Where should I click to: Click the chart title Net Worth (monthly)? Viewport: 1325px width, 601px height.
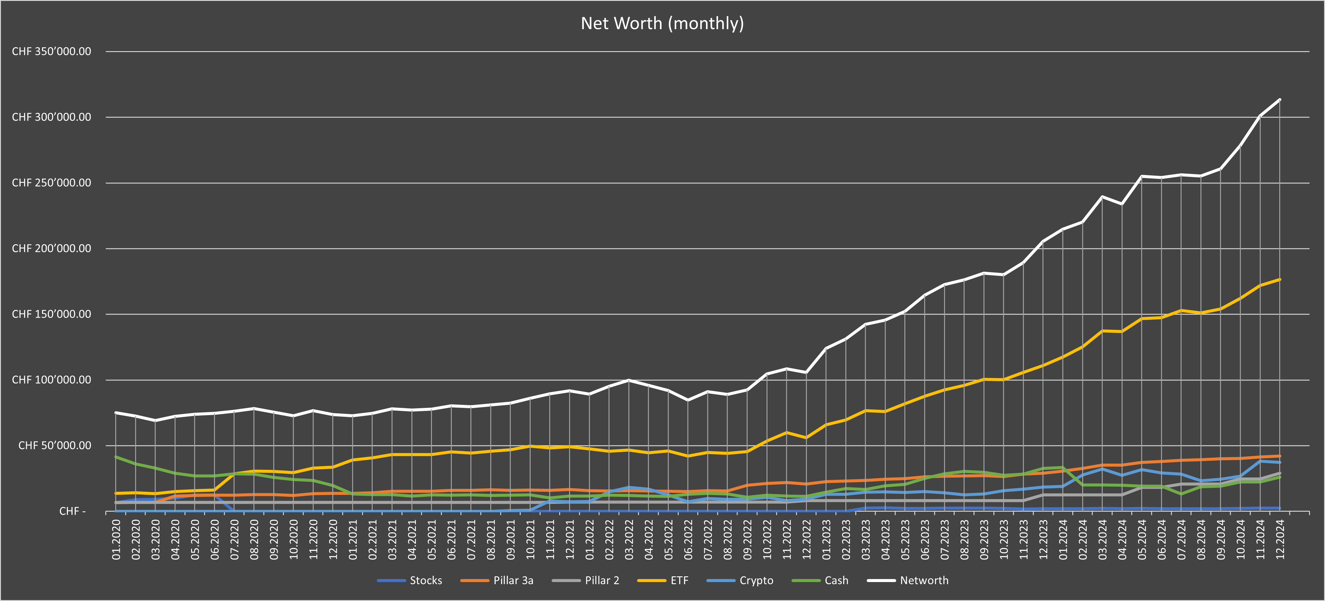click(x=662, y=23)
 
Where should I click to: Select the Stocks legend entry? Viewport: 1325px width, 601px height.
click(x=426, y=581)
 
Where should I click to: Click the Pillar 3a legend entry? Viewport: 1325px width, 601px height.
click(x=513, y=581)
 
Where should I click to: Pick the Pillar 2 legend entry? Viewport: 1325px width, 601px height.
click(x=602, y=581)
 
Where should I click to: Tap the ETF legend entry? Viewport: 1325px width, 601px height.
click(x=679, y=581)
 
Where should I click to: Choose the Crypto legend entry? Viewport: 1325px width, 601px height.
click(x=756, y=581)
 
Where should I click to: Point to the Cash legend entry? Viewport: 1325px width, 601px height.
click(x=836, y=581)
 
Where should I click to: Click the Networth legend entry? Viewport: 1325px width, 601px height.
click(x=924, y=581)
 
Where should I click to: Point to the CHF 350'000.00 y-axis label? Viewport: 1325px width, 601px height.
click(x=51, y=51)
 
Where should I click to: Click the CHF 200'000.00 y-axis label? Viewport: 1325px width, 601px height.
click(x=51, y=248)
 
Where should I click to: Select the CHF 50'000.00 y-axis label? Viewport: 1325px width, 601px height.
click(x=54, y=445)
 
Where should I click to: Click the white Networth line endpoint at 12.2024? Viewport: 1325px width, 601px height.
click(x=1280, y=100)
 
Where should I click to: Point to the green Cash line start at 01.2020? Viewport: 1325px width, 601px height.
click(x=116, y=457)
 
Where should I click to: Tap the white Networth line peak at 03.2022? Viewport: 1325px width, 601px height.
click(x=629, y=381)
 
